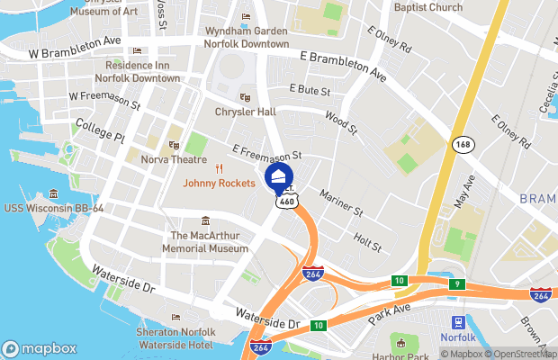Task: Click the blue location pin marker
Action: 278,175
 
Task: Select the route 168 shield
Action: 463,144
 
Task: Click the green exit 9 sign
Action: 457,283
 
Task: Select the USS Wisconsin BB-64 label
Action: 53,208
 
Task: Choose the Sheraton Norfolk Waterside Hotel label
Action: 175,338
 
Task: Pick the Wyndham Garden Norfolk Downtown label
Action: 246,37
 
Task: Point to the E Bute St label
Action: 310,90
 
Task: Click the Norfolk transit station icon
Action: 457,322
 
